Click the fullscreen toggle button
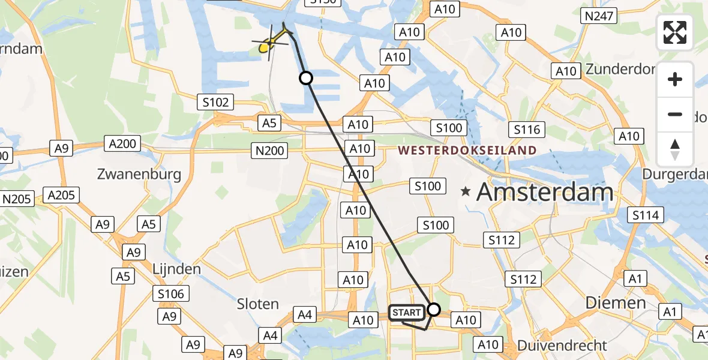click(x=675, y=32)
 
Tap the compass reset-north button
click(x=675, y=149)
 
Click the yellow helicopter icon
click(x=268, y=44)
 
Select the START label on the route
click(x=407, y=313)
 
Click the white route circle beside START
click(x=433, y=310)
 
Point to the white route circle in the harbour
click(x=306, y=78)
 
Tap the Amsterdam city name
click(x=545, y=193)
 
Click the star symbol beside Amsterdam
click(x=466, y=192)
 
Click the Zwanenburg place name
click(x=139, y=175)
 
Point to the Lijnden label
click(x=176, y=269)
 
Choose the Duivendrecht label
click(x=562, y=346)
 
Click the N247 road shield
click(x=598, y=16)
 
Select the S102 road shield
click(x=215, y=102)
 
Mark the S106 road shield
click(x=171, y=293)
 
